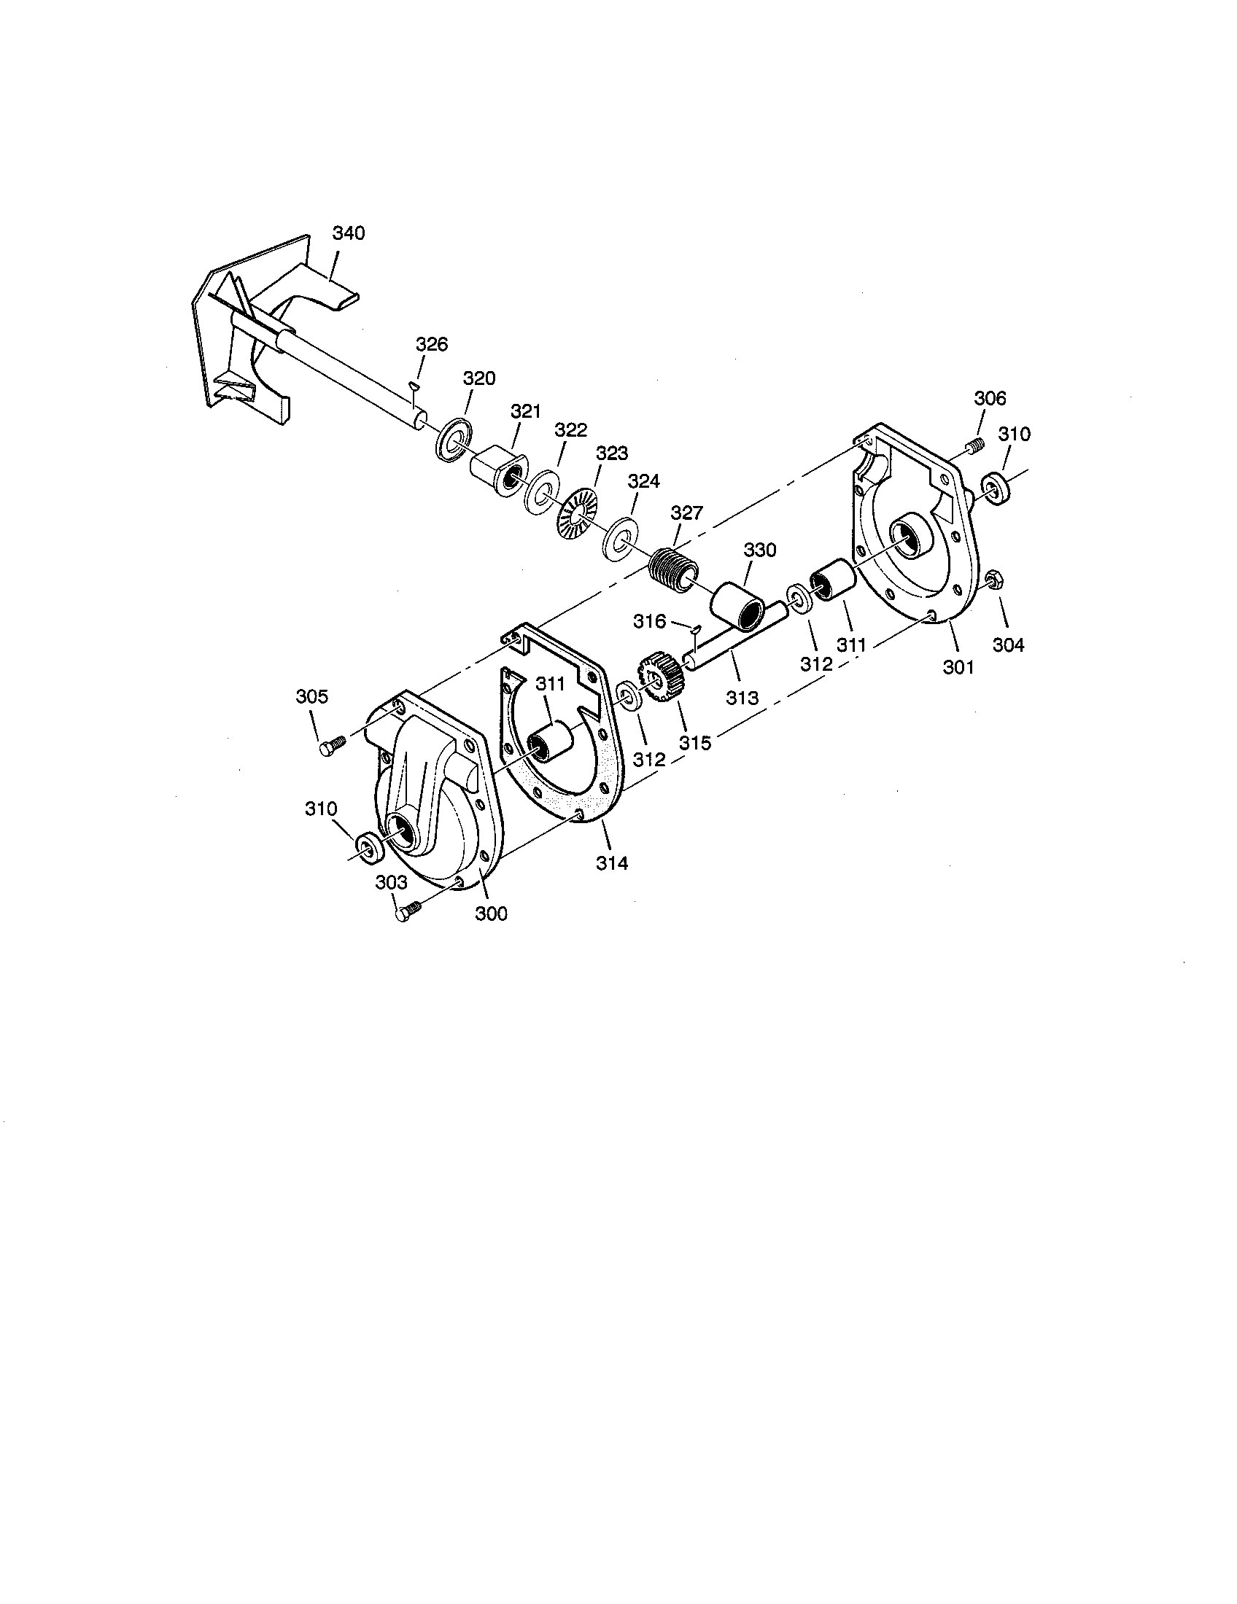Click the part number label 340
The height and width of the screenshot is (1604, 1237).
pyautogui.click(x=348, y=233)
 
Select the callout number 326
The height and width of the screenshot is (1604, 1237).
pyautogui.click(x=432, y=344)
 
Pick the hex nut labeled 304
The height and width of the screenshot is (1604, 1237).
pyautogui.click(x=996, y=581)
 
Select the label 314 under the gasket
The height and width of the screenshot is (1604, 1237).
pyautogui.click(x=612, y=864)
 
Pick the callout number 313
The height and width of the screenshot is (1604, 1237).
pyautogui.click(x=742, y=697)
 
